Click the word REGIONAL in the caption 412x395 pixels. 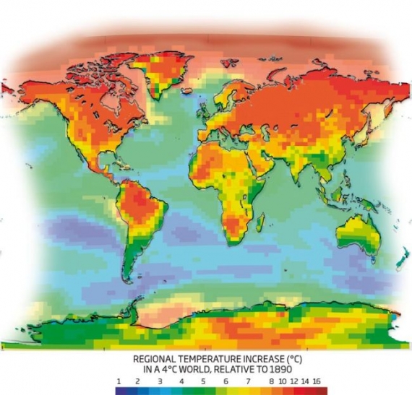point(156,357)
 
